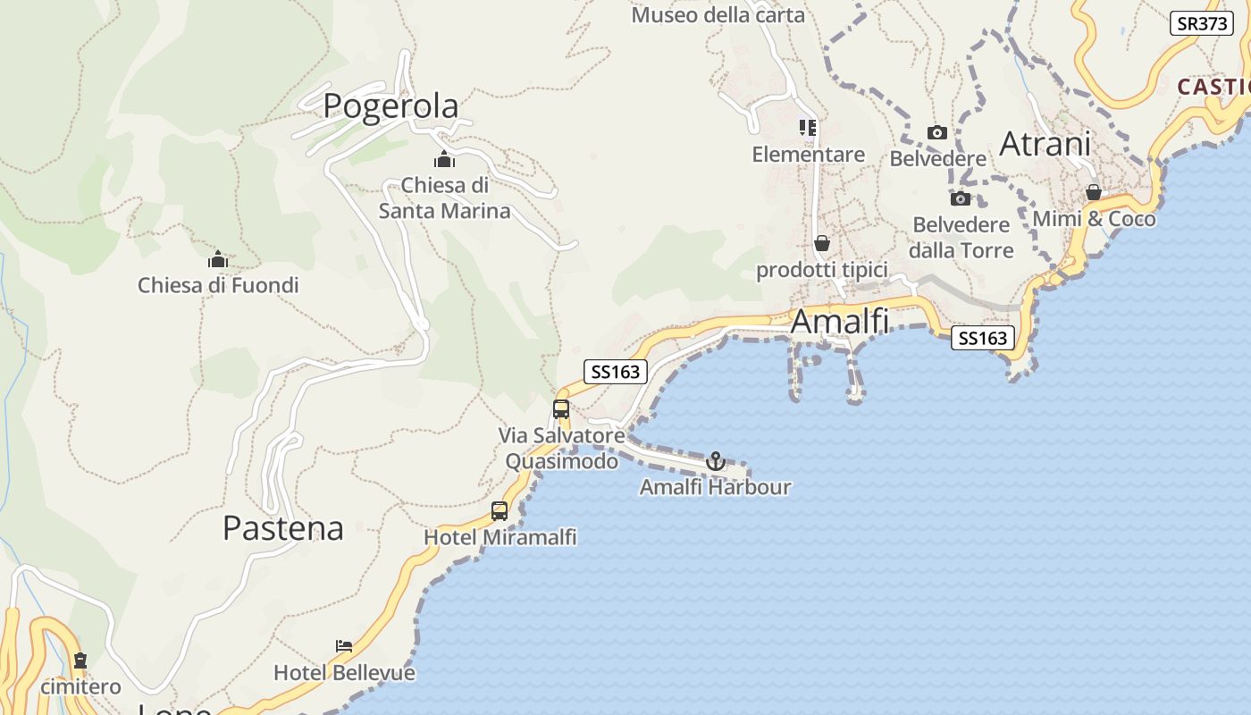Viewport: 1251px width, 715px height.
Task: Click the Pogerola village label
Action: coord(390,105)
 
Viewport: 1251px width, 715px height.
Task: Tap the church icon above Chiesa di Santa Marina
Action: coord(444,160)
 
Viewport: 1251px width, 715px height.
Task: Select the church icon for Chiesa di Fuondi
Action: coord(218,260)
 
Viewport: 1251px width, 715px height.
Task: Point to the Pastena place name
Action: coord(282,528)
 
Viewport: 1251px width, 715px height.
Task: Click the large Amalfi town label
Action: coord(840,322)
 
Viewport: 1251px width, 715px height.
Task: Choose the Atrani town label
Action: coord(1045,144)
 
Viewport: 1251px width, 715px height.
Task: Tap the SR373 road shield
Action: coord(1201,23)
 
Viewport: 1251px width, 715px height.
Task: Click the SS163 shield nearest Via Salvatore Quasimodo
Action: coord(616,372)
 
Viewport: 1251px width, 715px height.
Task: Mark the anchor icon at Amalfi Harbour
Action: coord(715,461)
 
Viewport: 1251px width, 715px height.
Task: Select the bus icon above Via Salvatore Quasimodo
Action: coord(561,409)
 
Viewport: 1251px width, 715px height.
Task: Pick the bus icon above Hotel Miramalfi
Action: coord(500,511)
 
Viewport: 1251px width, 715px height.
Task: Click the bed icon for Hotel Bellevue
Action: coord(344,645)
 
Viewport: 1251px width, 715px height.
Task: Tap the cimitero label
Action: coord(80,686)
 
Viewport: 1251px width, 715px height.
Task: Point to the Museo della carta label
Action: coord(718,15)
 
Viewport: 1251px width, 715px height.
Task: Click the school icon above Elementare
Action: coord(808,128)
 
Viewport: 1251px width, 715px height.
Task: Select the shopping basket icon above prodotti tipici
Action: coord(822,243)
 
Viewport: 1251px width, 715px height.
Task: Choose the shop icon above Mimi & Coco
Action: coord(1094,192)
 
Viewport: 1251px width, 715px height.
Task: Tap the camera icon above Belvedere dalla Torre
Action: coord(961,198)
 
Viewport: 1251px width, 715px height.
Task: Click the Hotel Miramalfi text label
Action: coord(500,537)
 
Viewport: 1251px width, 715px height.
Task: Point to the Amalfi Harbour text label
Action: coord(715,487)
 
